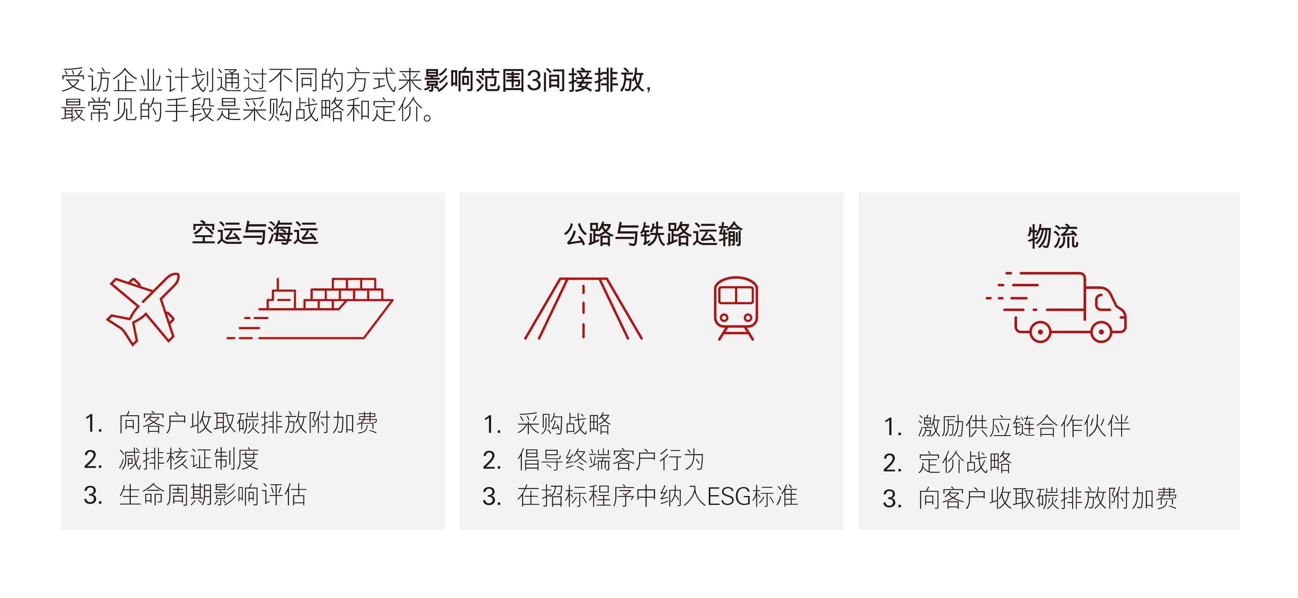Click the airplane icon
click(x=143, y=309)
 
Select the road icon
click(x=583, y=309)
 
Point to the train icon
click(x=736, y=308)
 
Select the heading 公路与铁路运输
click(x=653, y=235)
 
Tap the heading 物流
click(x=1053, y=236)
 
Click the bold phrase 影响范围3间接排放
click(x=534, y=81)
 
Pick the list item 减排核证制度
click(x=188, y=459)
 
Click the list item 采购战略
click(x=564, y=423)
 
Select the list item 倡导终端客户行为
click(x=610, y=460)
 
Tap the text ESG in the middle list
click(x=729, y=497)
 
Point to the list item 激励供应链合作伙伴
click(x=1023, y=427)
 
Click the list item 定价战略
click(x=964, y=462)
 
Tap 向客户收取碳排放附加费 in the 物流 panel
click(x=1047, y=499)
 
